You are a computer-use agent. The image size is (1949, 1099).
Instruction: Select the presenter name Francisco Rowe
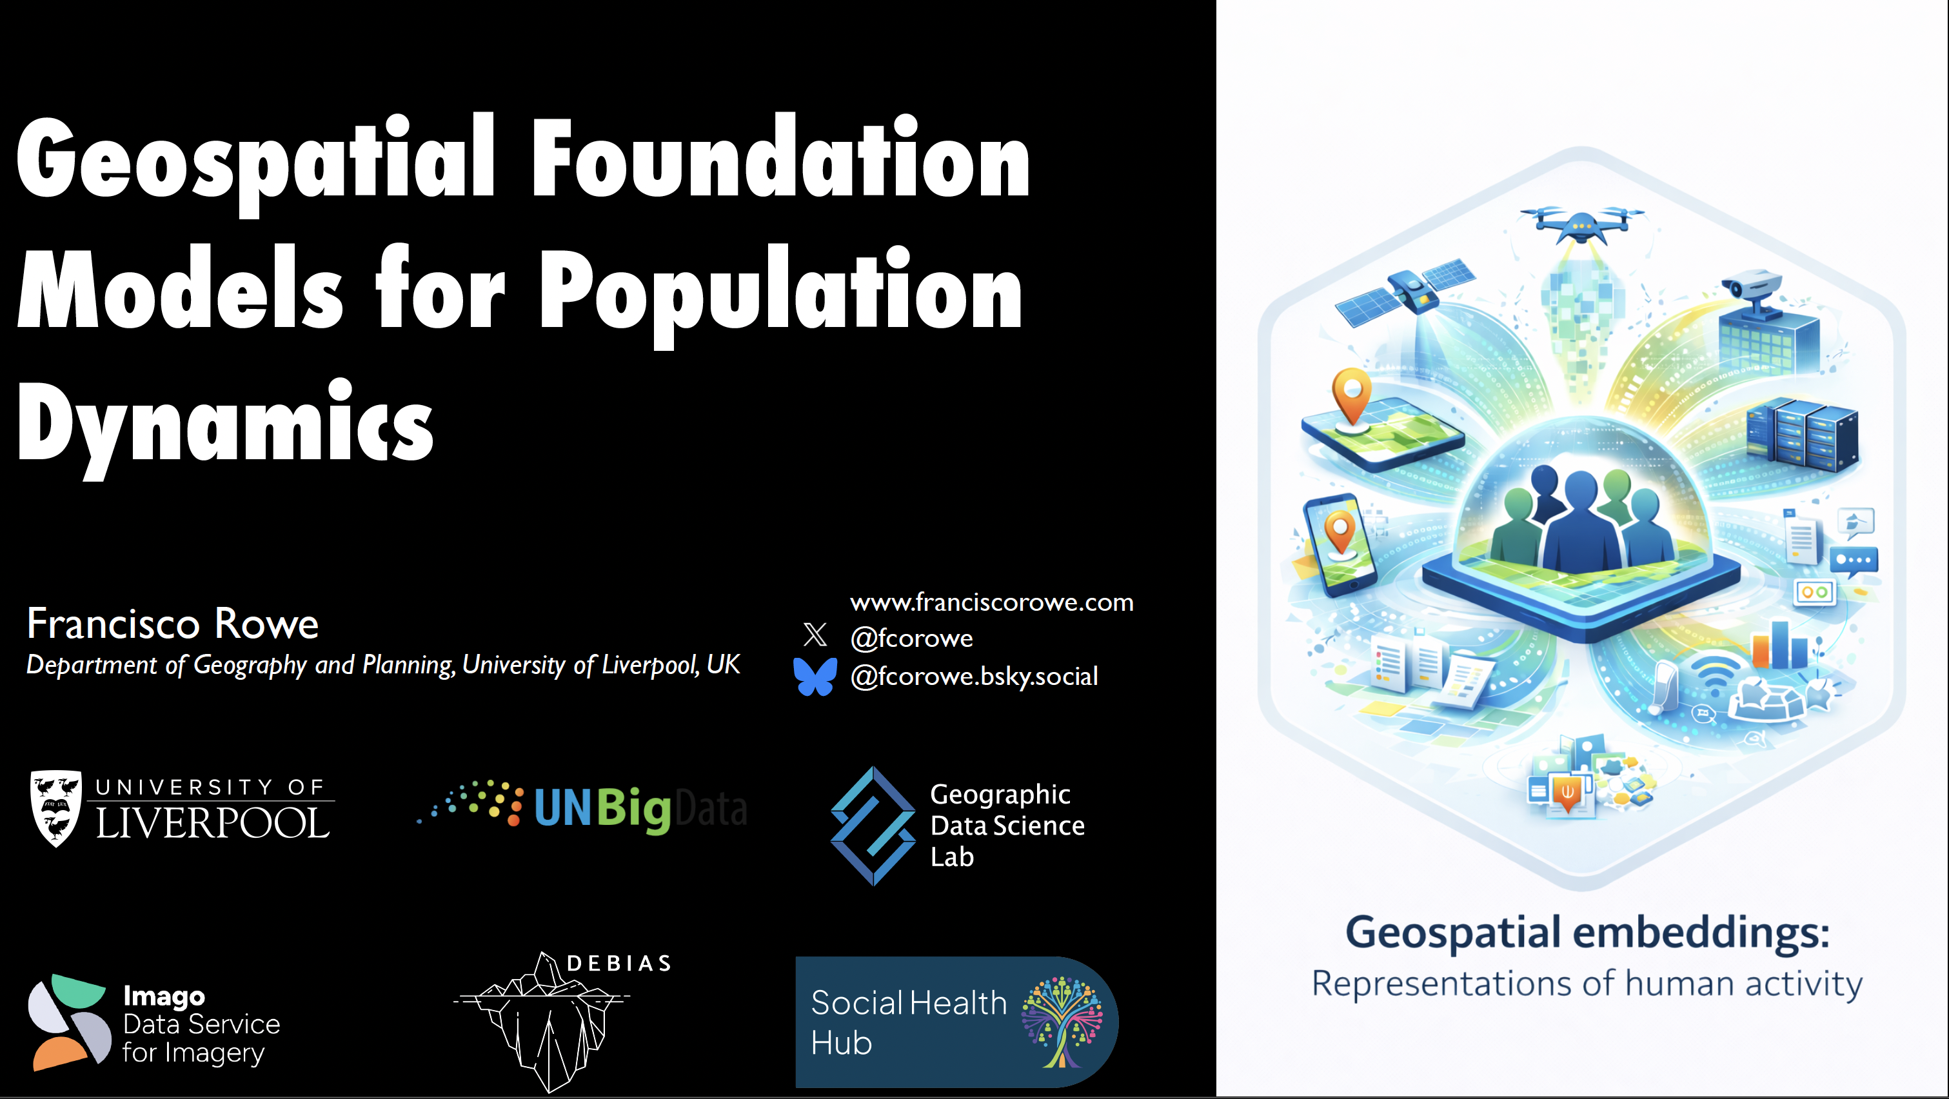(x=172, y=624)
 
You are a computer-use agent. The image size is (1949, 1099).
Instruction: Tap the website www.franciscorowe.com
(x=991, y=602)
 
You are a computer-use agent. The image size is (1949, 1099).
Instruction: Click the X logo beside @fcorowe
(x=815, y=634)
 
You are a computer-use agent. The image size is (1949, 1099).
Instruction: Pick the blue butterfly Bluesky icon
(x=815, y=675)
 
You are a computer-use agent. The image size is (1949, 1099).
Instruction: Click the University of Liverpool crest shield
(x=55, y=807)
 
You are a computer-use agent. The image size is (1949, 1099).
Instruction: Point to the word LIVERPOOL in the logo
(x=213, y=824)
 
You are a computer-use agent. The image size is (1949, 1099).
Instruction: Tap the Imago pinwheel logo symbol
(x=69, y=1022)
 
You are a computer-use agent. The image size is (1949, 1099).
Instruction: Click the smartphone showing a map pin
(x=1340, y=543)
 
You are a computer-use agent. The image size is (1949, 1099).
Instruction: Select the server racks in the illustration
(x=1801, y=434)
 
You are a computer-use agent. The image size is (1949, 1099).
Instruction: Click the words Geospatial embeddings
(x=1587, y=932)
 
